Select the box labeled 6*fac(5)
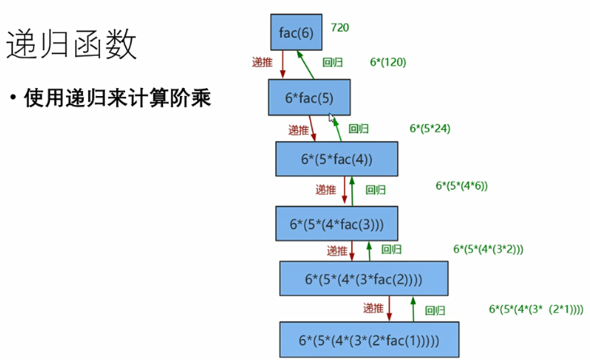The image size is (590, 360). (x=309, y=98)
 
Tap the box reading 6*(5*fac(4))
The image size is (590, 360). (x=337, y=159)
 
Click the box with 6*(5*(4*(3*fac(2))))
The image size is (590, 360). (x=363, y=279)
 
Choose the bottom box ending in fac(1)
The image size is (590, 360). (x=369, y=340)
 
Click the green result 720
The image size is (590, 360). (x=339, y=27)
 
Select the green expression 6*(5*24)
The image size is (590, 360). (x=429, y=128)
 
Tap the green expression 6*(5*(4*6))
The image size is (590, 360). (x=462, y=186)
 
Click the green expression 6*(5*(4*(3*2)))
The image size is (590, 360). (x=488, y=249)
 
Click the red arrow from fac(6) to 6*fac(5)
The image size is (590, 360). (x=282, y=65)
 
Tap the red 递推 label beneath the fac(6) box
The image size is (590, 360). (x=262, y=62)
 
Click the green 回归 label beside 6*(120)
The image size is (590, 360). (x=333, y=62)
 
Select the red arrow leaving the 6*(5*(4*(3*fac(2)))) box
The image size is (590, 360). (x=390, y=308)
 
